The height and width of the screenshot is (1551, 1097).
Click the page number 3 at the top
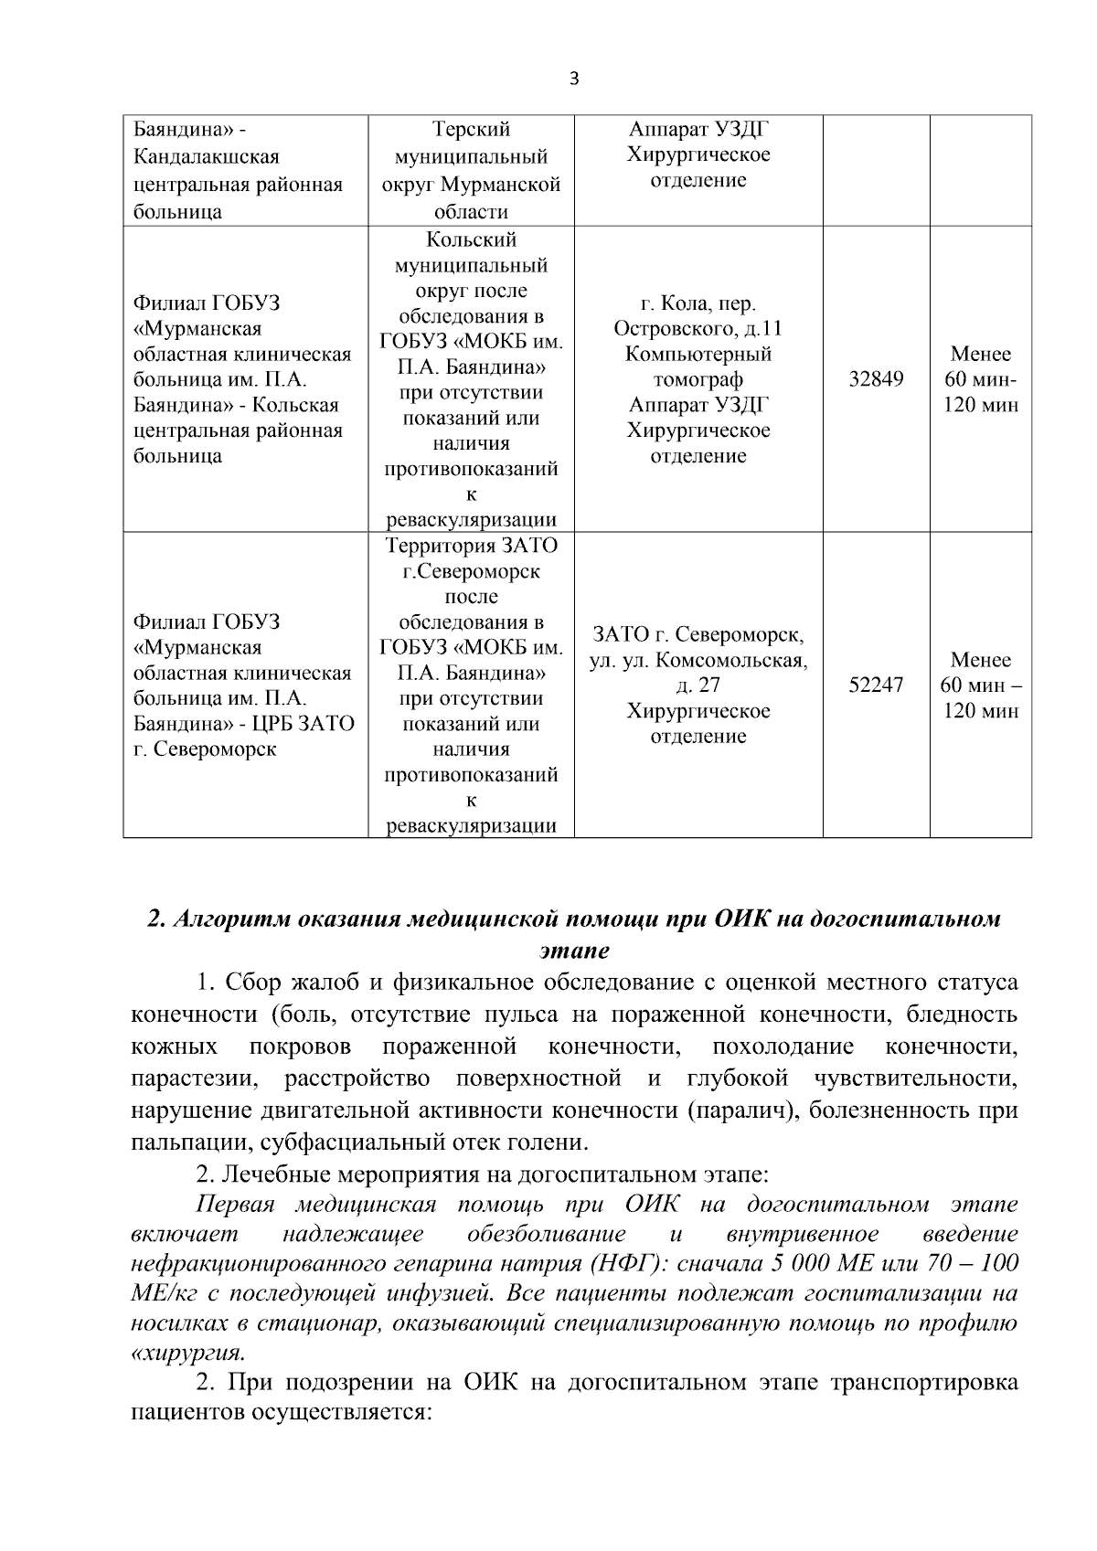[x=574, y=79]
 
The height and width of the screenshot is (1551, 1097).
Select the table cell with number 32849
[x=876, y=378]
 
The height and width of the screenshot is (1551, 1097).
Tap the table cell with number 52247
[x=876, y=685]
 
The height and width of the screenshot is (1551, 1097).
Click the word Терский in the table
[x=471, y=130]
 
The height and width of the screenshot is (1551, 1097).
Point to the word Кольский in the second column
[x=471, y=239]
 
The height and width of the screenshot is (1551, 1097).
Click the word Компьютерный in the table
[x=698, y=354]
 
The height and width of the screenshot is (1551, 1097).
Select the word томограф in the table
[x=698, y=379]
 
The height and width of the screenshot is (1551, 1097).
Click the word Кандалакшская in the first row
[x=207, y=157]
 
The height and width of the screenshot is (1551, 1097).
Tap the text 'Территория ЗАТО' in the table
[x=471, y=547]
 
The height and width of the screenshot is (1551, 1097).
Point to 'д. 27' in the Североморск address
[x=698, y=685]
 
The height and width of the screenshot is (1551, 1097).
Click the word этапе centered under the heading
[x=574, y=951]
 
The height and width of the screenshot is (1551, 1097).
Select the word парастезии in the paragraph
[x=193, y=1078]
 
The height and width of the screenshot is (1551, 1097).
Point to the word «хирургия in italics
[x=187, y=1353]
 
